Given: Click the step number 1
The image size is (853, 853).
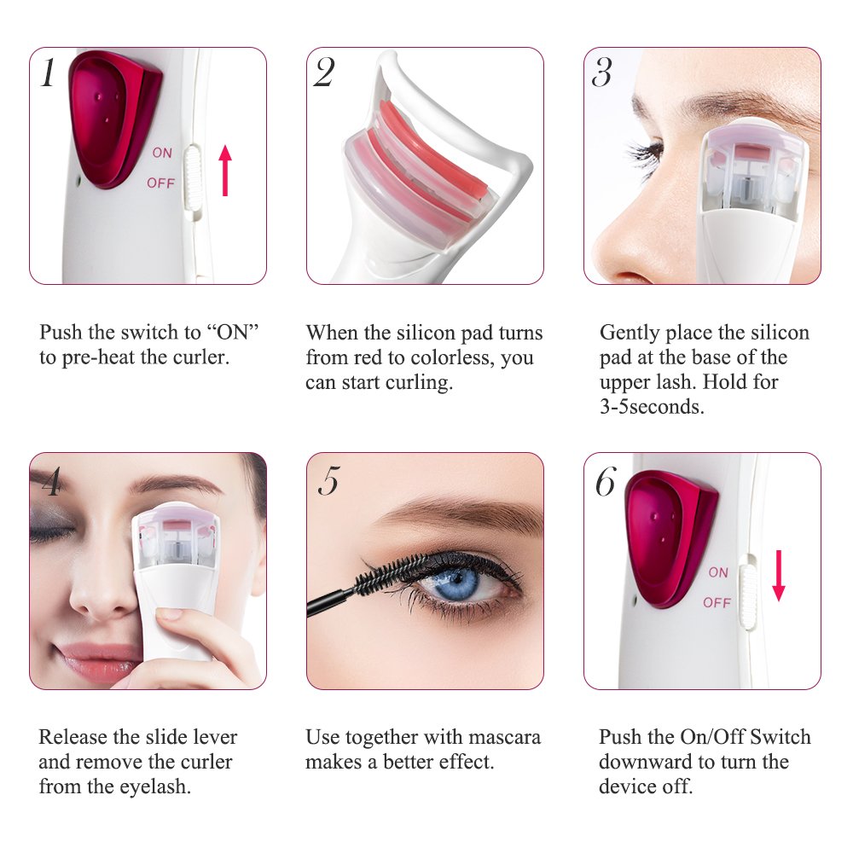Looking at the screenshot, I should pos(48,74).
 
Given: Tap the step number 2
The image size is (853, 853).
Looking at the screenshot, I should pos(324,73).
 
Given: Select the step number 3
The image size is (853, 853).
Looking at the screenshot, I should pos(601,73).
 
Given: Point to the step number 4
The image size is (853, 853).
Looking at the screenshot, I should pos(50,482).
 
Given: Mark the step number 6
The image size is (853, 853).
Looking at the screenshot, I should pos(605,482).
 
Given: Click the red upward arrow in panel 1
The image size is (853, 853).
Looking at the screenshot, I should pos(225,170).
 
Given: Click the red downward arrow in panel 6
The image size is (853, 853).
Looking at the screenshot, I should pos(778,577).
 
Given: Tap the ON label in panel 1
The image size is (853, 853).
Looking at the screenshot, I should pos(162,154).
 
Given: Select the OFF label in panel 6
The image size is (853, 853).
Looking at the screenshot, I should pos(717,603).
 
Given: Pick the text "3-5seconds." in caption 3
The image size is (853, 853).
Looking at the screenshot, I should pos(653,407).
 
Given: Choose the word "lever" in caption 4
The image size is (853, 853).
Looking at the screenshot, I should pos(211,737).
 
